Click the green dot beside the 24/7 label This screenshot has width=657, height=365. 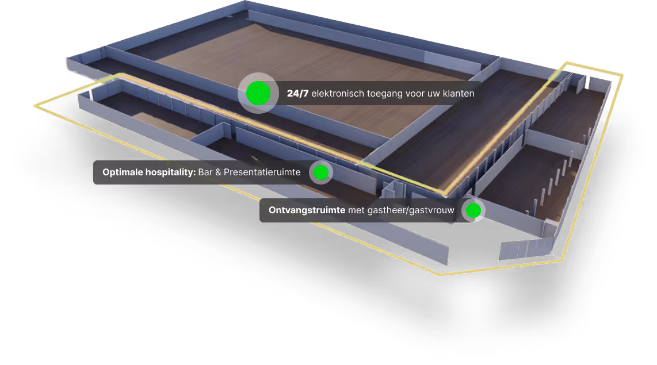[258, 93]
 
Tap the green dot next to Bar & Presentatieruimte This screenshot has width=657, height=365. [321, 172]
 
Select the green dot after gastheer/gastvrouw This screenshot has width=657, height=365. [473, 211]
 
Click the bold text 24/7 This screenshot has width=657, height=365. [297, 93]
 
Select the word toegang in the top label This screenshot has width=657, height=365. [385, 93]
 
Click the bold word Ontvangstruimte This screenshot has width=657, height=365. [307, 211]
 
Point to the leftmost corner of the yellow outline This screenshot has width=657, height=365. [35, 106]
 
